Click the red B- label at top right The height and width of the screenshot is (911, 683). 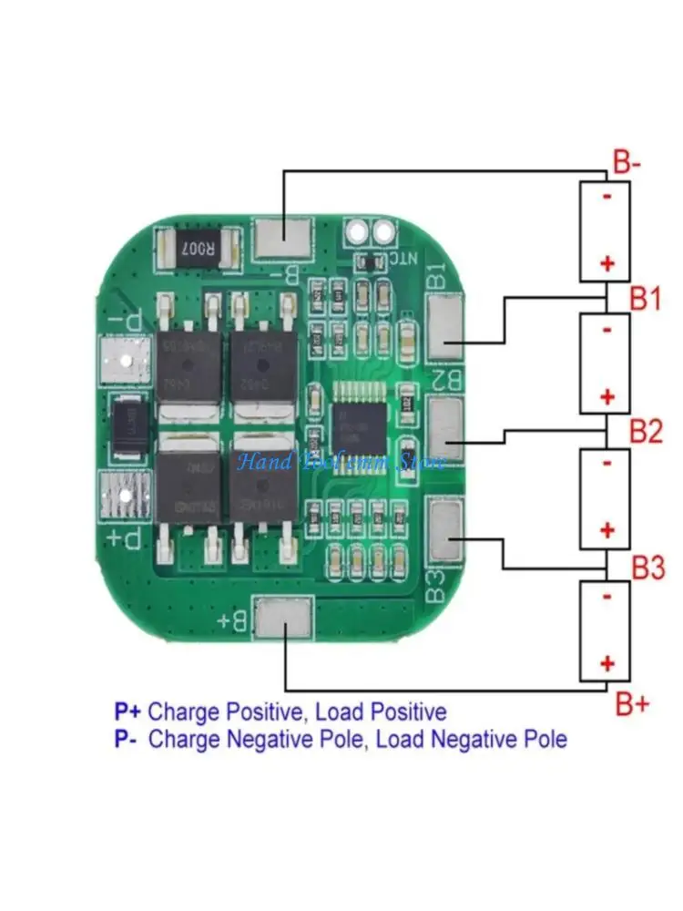point(627,165)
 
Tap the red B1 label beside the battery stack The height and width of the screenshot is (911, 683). point(646,299)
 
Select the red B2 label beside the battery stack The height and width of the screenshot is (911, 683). point(646,432)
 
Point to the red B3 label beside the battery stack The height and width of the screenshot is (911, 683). point(648,569)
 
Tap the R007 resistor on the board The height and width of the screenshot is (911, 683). point(196,246)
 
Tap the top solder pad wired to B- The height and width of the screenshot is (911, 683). point(282,239)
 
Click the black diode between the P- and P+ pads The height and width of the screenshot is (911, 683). point(122,425)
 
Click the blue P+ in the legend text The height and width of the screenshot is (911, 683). point(128,711)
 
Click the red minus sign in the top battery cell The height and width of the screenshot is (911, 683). point(607,195)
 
